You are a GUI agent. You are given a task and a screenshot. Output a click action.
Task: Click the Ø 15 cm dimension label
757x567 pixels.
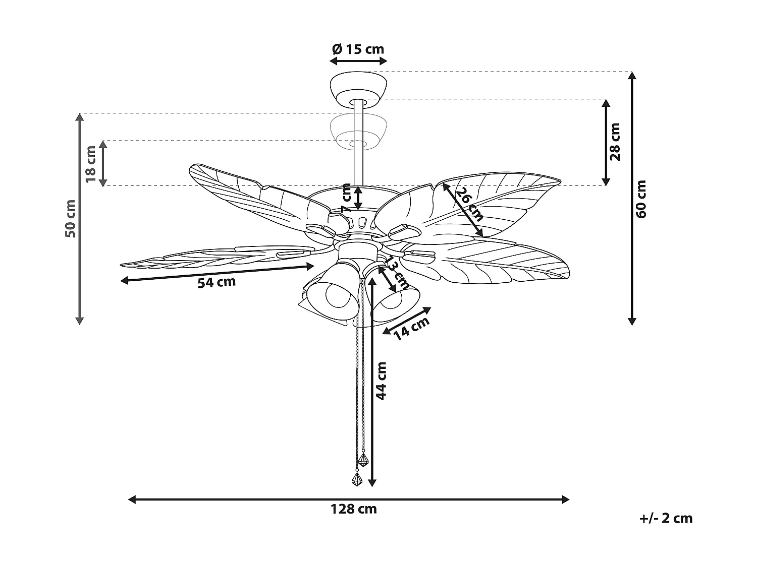pyautogui.click(x=358, y=49)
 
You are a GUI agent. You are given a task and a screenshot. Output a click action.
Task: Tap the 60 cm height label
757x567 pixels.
pyautogui.click(x=641, y=199)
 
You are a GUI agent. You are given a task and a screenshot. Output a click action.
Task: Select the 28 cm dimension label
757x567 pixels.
pyautogui.click(x=615, y=142)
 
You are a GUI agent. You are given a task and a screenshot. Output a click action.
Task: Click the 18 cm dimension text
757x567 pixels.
pyautogui.click(x=91, y=164)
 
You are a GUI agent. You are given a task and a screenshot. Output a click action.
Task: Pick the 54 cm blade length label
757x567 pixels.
pyautogui.click(x=217, y=282)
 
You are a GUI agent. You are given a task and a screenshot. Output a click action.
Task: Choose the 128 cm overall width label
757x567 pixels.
pyautogui.click(x=353, y=509)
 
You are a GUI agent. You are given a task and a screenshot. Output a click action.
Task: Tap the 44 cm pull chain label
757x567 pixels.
pyautogui.click(x=382, y=381)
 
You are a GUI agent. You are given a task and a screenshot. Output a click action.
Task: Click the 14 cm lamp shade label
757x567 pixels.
pyautogui.click(x=411, y=328)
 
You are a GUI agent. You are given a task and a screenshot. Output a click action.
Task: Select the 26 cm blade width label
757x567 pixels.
pyautogui.click(x=469, y=204)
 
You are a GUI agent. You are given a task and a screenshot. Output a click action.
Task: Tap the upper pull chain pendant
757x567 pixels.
pyautogui.click(x=363, y=459)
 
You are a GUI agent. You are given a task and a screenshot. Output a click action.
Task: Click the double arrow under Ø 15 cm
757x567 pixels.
pyautogui.click(x=358, y=61)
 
